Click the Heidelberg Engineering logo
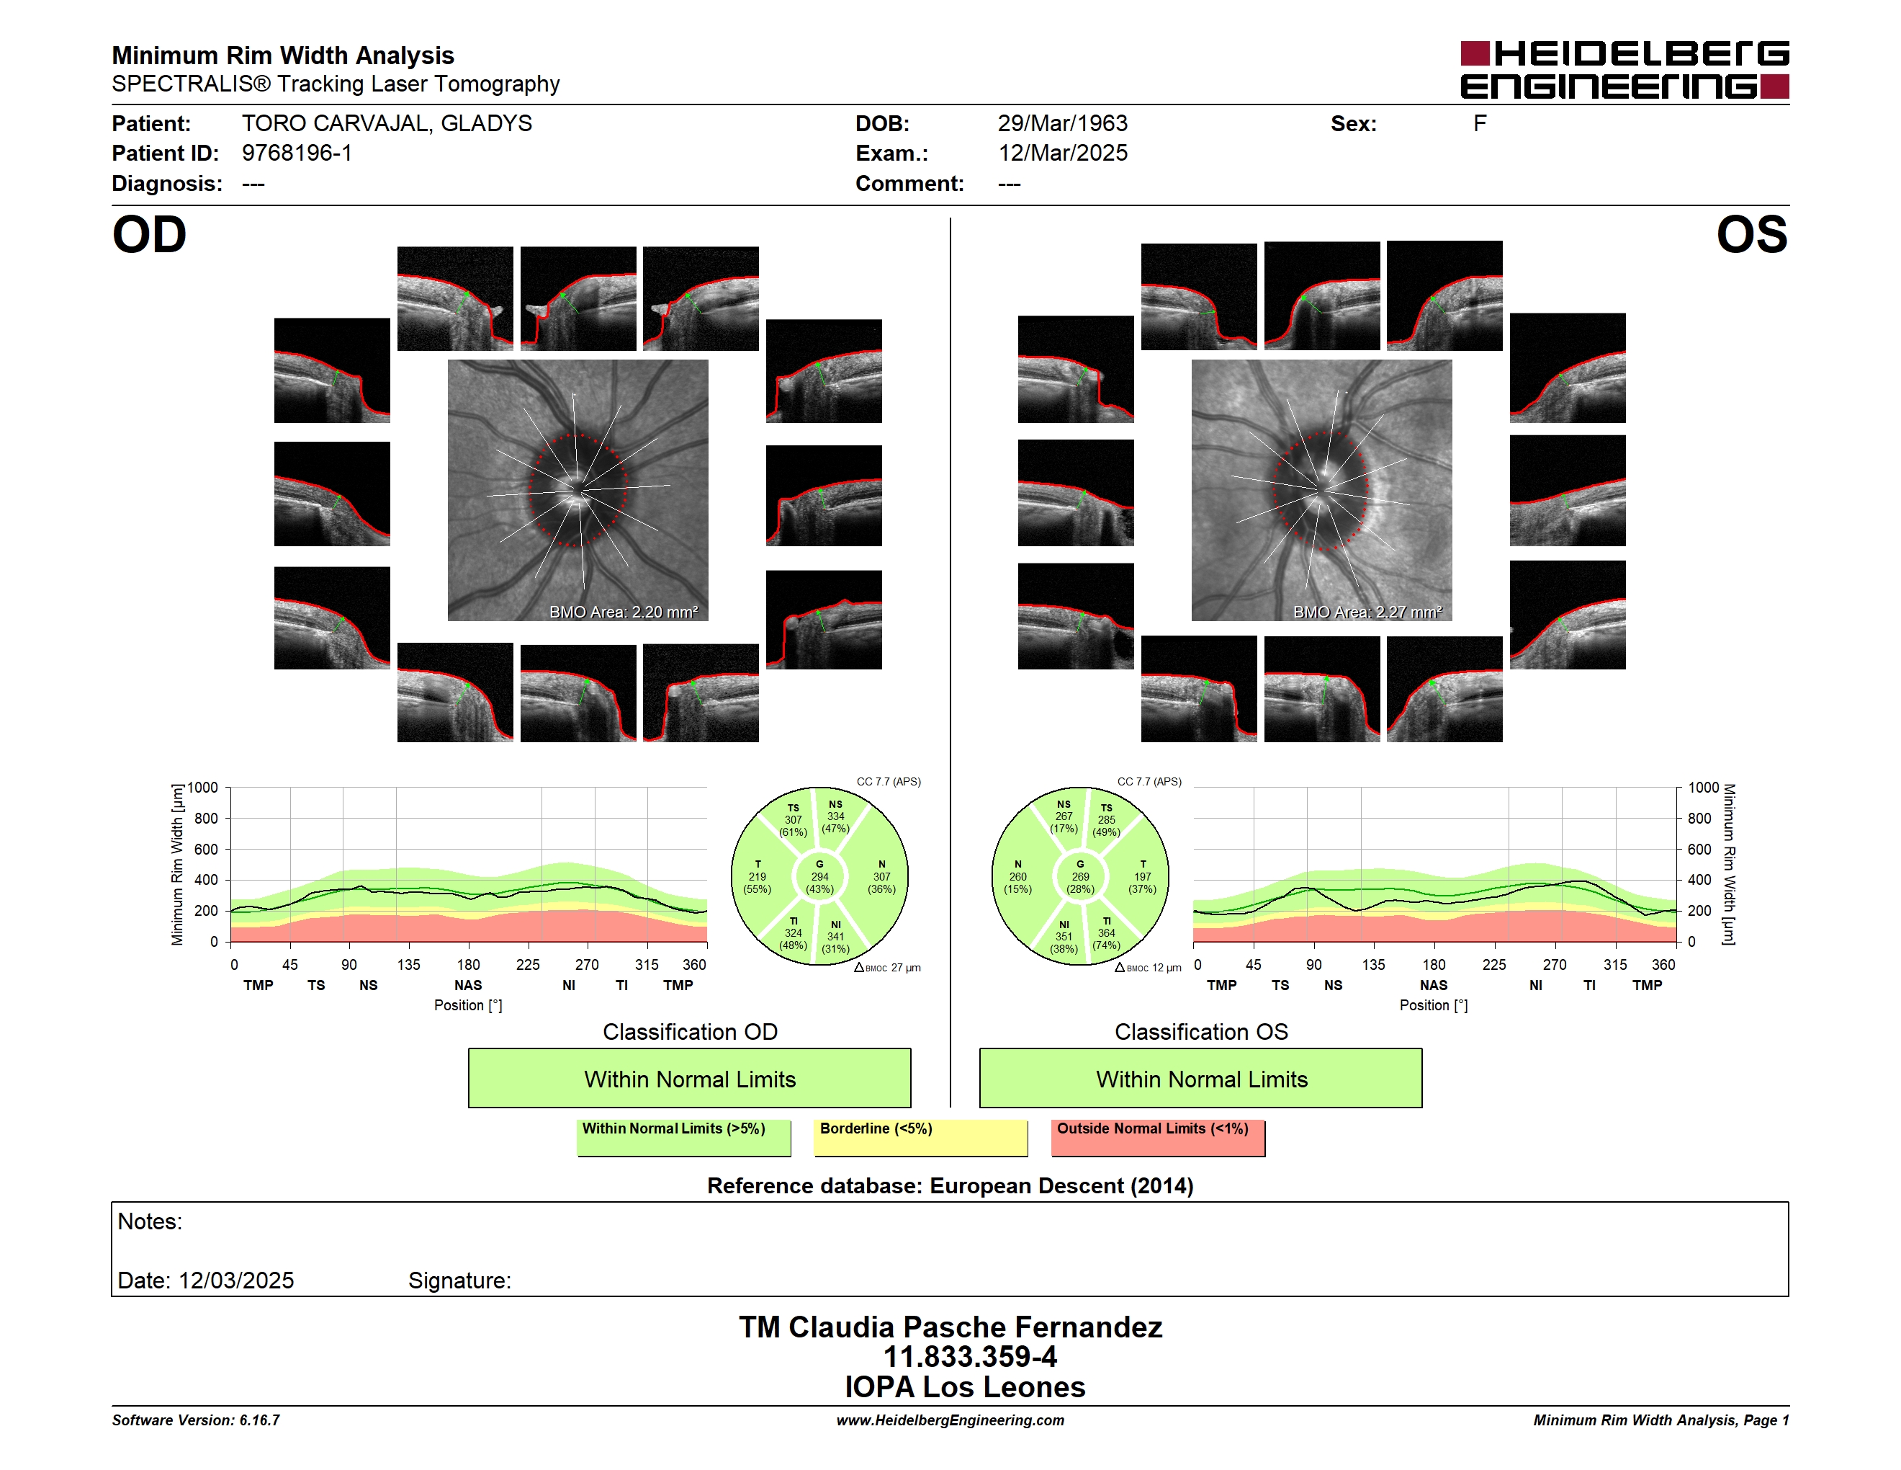tap(1624, 70)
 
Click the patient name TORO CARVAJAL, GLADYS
tap(387, 124)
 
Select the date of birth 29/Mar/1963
tap(1062, 124)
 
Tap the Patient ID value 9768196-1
tap(297, 153)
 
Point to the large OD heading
tap(149, 235)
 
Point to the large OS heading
tap(1751, 235)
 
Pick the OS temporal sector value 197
tap(1142, 877)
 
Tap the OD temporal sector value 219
tap(758, 877)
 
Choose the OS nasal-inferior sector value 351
tap(1064, 937)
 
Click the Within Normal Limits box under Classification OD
tap(689, 1078)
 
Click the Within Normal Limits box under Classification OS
tap(1201, 1078)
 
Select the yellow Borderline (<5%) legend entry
tap(921, 1137)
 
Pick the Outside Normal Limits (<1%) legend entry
tap(1158, 1137)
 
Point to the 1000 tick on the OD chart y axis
tap(202, 788)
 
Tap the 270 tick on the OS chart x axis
tap(1555, 965)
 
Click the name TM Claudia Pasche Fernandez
tap(950, 1327)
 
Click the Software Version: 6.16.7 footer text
tap(196, 1420)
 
